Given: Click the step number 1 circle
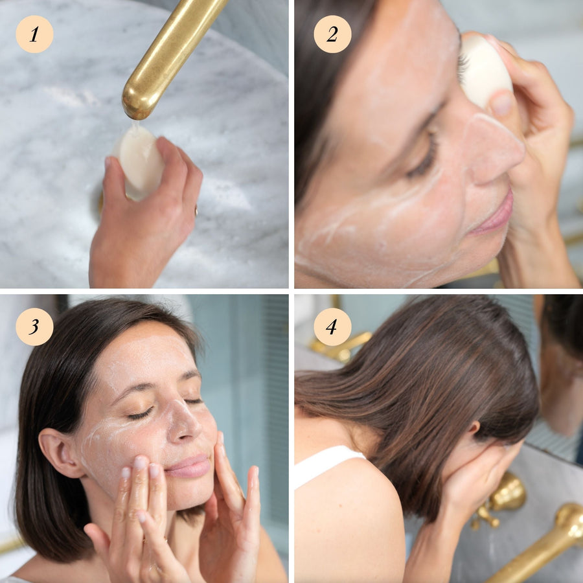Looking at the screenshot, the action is click(x=34, y=34).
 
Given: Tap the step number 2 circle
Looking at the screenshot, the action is click(x=332, y=34).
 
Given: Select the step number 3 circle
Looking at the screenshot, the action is click(x=34, y=327).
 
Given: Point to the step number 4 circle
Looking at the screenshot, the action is click(x=332, y=327).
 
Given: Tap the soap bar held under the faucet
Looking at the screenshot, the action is click(x=139, y=162).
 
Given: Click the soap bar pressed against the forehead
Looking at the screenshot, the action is click(x=485, y=71).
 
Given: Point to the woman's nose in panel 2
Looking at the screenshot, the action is click(x=491, y=149).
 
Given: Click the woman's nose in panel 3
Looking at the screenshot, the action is click(x=182, y=422).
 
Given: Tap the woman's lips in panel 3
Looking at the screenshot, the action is click(x=188, y=466).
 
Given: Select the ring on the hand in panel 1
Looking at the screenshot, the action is click(x=196, y=211).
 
